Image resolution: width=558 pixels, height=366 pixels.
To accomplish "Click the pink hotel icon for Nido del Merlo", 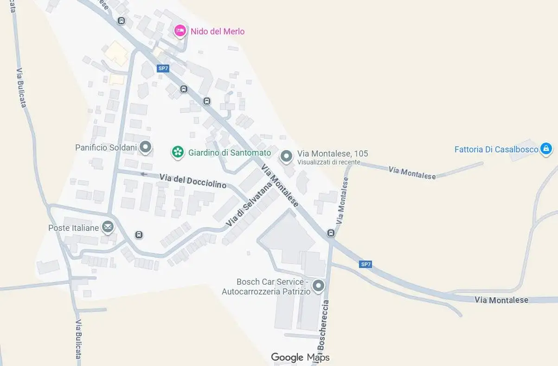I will click(x=180, y=31).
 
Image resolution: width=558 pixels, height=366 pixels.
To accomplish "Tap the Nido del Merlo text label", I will click(x=218, y=32).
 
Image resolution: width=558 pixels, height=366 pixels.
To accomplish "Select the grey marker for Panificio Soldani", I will click(x=146, y=148).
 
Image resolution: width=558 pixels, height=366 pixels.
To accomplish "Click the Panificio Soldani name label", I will click(x=106, y=148).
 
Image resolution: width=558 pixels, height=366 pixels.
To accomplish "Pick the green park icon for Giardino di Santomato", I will click(x=177, y=152).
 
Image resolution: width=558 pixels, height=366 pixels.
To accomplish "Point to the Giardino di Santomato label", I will click(x=230, y=152).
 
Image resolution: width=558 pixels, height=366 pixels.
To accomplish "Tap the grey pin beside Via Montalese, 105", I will click(x=287, y=156).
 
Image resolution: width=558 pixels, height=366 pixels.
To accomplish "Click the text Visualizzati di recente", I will click(x=328, y=162).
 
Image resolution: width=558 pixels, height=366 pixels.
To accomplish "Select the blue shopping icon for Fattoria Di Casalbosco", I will click(x=546, y=149).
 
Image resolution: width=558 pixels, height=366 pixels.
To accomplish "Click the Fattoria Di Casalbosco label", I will click(x=496, y=150).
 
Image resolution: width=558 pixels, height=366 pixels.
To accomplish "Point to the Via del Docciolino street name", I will click(x=193, y=181).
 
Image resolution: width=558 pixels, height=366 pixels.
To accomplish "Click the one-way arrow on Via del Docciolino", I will click(x=144, y=174).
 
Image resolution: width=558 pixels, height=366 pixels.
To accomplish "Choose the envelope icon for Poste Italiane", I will click(x=108, y=227).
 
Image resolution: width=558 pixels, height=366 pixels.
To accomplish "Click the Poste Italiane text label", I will click(x=74, y=228).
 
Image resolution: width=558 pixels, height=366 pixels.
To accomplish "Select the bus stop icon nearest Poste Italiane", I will click(x=139, y=235).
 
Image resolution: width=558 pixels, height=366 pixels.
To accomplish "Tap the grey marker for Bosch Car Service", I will click(x=318, y=286).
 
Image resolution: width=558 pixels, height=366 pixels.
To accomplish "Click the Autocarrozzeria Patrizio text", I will click(x=266, y=292).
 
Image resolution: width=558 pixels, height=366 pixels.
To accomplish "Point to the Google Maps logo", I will click(x=300, y=357).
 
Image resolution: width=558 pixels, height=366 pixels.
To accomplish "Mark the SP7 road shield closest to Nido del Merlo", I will click(x=163, y=68).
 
